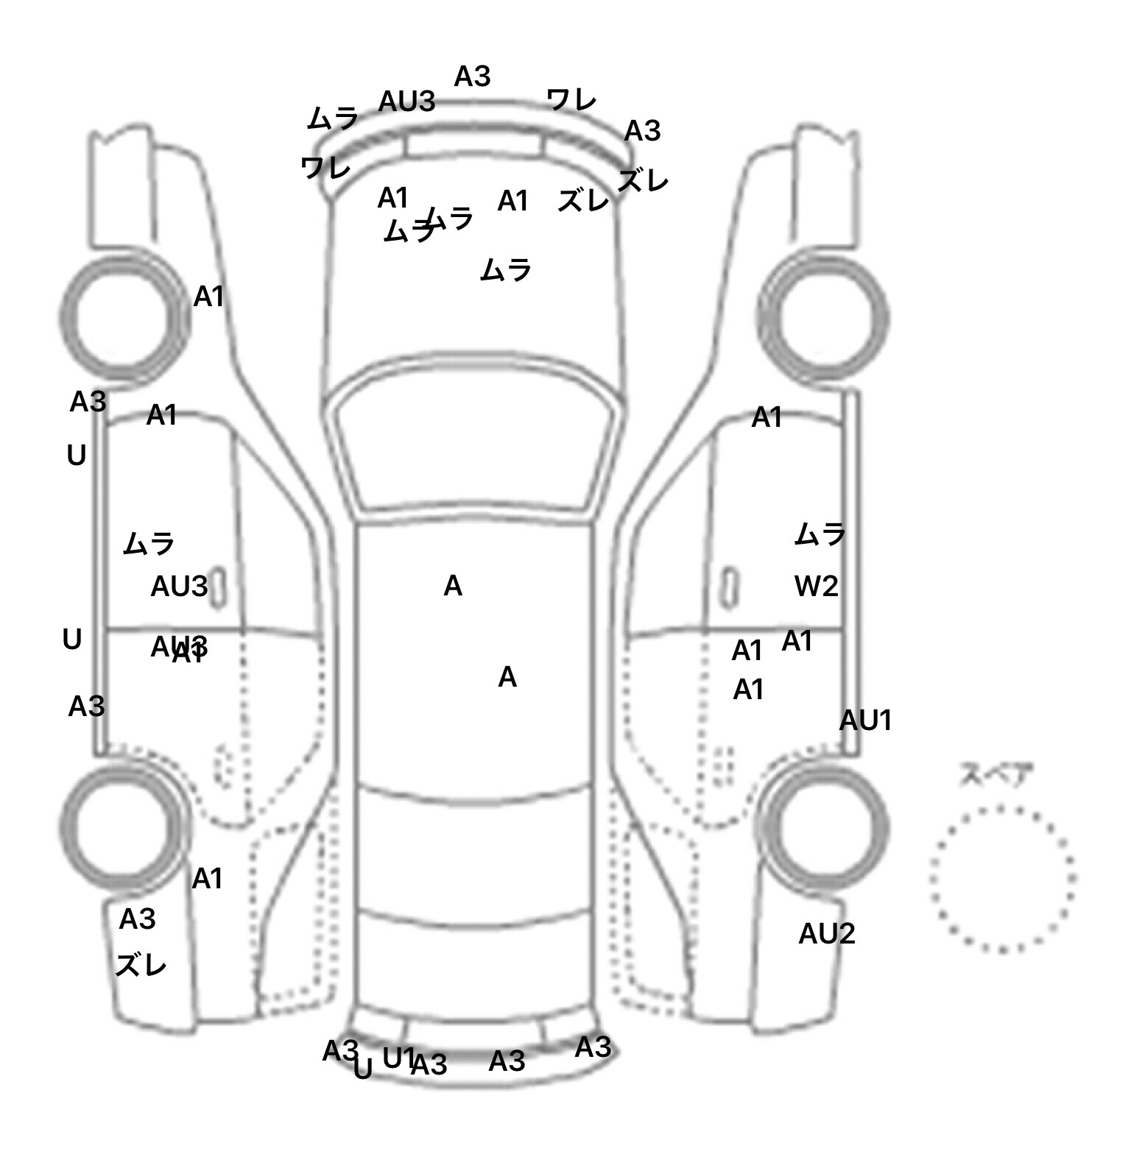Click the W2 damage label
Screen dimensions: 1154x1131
pos(817,587)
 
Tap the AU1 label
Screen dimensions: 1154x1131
pos(865,721)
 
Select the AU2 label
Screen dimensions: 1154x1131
pos(826,934)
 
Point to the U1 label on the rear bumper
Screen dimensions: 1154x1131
pos(398,1058)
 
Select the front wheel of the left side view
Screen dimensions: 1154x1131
pos(123,319)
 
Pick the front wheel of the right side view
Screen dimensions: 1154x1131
pos(823,319)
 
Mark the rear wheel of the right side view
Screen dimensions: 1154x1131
pos(823,824)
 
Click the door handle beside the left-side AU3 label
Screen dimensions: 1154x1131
pos(218,589)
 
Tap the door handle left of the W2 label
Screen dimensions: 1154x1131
pos(729,587)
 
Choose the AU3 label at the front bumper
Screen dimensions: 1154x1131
pos(406,102)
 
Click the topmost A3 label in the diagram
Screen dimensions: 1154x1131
pos(472,77)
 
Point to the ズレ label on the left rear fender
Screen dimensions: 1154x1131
pos(141,965)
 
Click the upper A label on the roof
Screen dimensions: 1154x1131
pos(453,587)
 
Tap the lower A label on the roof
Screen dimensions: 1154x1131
pos(507,677)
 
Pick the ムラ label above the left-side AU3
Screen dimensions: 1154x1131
pos(149,544)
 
